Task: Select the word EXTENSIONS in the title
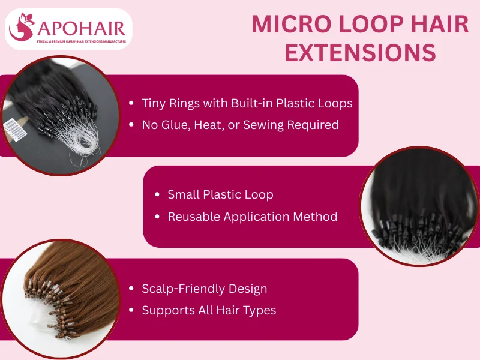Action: [x=360, y=53]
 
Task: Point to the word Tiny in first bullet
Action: [x=154, y=103]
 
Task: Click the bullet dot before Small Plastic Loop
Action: [x=157, y=195]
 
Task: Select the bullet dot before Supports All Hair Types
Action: [x=131, y=311]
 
